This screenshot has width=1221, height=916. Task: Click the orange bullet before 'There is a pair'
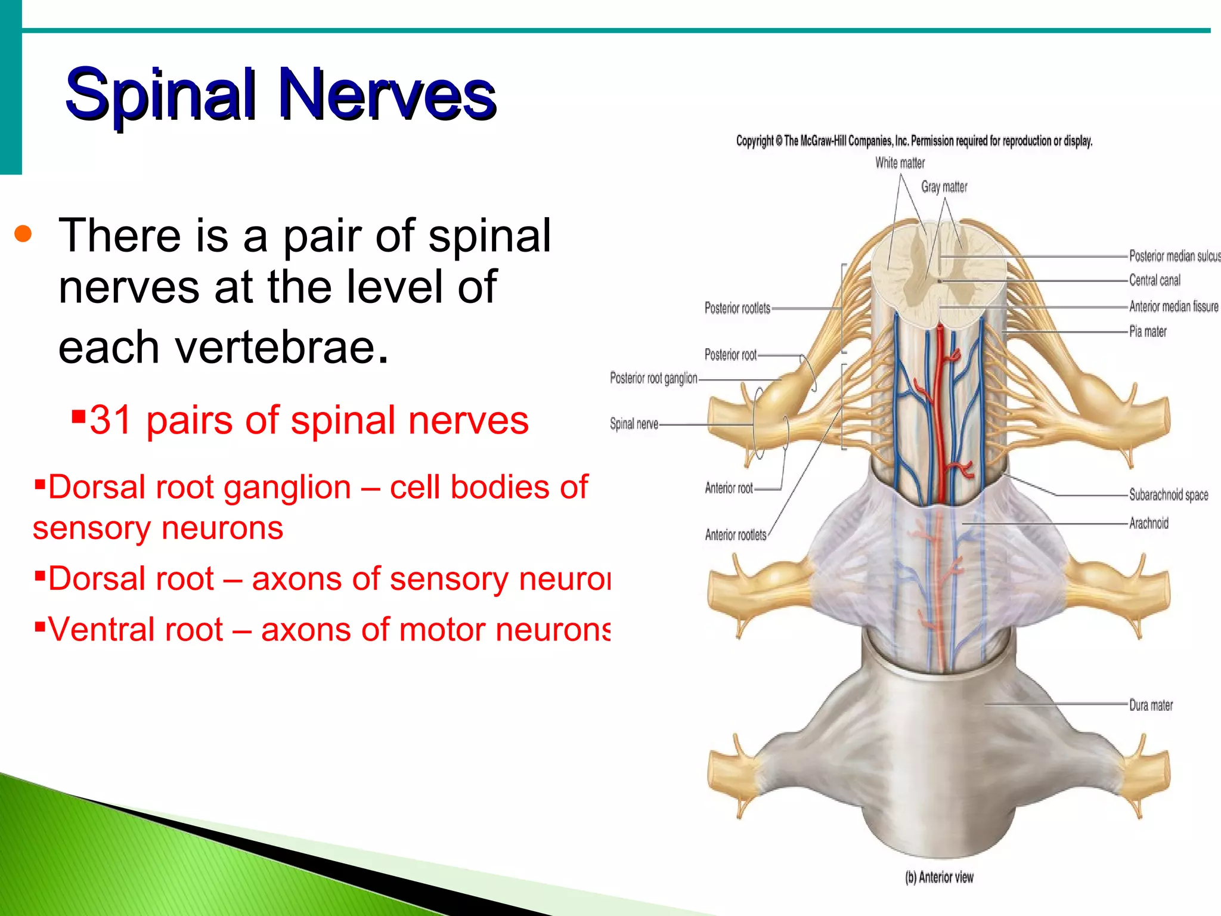23,234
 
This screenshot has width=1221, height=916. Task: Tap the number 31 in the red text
111,420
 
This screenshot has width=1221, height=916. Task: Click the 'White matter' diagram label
900,163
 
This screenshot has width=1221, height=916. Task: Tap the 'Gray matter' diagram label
944,187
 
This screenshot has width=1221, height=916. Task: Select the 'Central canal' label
1154,280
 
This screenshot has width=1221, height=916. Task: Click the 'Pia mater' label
1148,332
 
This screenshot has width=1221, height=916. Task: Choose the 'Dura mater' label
1151,705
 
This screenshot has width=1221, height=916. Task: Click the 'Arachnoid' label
1148,524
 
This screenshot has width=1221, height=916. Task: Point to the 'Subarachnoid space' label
1168,494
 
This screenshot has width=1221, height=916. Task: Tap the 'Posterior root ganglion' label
653,378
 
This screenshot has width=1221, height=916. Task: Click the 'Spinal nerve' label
634,424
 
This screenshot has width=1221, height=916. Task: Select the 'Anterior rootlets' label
735,535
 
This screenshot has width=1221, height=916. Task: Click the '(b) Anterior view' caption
939,877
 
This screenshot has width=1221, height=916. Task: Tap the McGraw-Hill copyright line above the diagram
914,141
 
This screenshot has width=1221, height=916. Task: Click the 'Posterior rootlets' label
737,308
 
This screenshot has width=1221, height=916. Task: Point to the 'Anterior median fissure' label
1173,307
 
